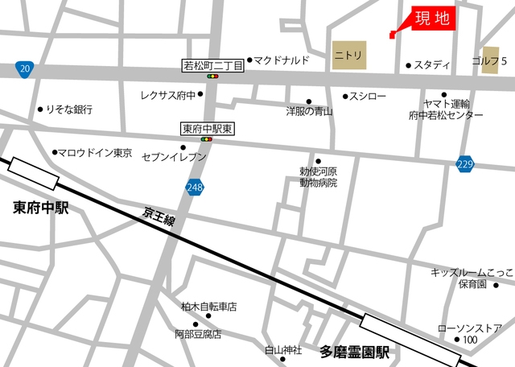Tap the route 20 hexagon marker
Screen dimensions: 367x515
pyautogui.click(x=25, y=69)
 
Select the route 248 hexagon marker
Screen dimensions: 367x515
pyautogui.click(x=194, y=188)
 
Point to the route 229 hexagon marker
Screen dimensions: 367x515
pyautogui.click(x=465, y=163)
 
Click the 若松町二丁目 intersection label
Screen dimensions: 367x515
pyautogui.click(x=212, y=65)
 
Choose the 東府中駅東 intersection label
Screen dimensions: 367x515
pyautogui.click(x=207, y=128)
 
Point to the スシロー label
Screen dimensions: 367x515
pyautogui.click(x=369, y=97)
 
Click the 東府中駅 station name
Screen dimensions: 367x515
pyautogui.click(x=41, y=208)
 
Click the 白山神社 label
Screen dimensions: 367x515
pyautogui.click(x=283, y=350)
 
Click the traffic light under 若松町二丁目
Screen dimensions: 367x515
pyautogui.click(x=213, y=77)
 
